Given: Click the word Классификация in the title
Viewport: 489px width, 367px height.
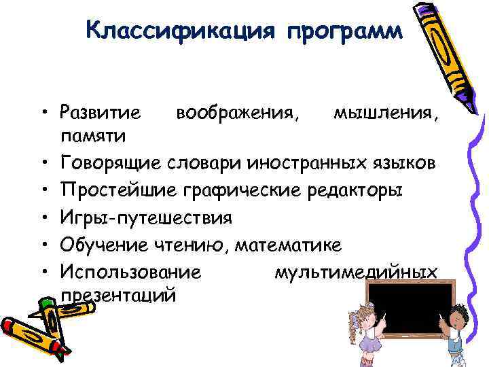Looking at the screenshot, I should click(x=180, y=31).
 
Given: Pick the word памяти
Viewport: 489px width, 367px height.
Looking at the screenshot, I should click(x=92, y=137).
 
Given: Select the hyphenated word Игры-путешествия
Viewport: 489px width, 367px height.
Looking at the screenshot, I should click(x=146, y=217).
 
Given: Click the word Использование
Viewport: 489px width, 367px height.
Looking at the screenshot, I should click(x=130, y=272).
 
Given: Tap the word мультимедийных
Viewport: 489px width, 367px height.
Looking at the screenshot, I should click(x=355, y=272).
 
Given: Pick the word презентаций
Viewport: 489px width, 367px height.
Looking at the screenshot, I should click(x=118, y=296).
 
